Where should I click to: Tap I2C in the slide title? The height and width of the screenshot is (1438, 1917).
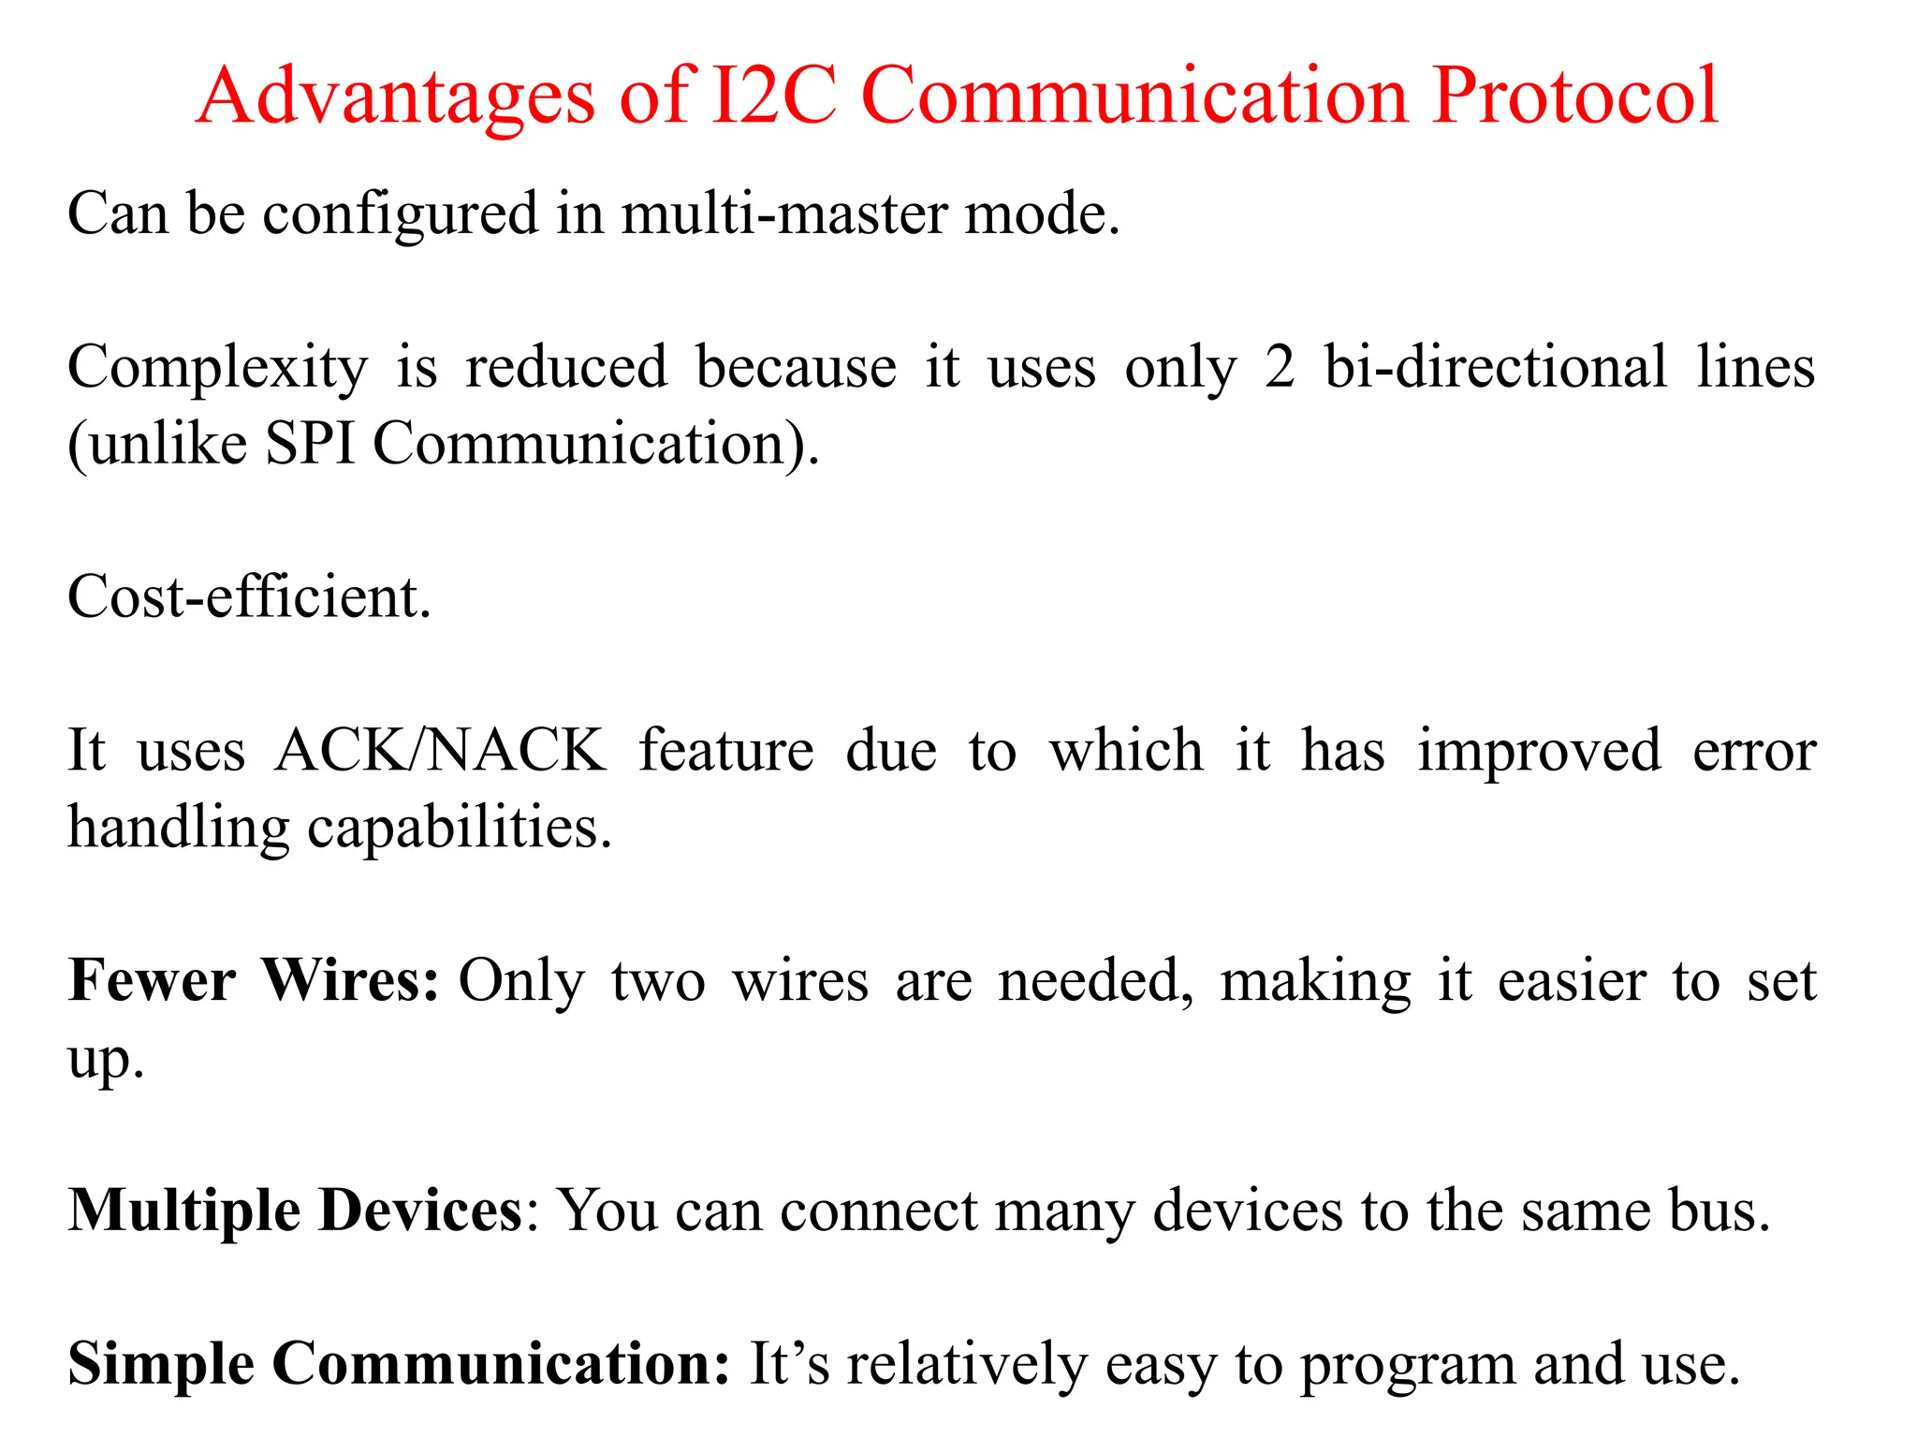pyautogui.click(x=773, y=95)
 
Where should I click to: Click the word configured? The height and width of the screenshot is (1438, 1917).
pyautogui.click(x=401, y=215)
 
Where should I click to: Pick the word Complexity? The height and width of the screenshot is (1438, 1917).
pyautogui.click(x=217, y=369)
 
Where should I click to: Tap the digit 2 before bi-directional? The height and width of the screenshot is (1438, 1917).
pyautogui.click(x=1280, y=367)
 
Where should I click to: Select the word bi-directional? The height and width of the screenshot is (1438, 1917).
pyautogui.click(x=1495, y=367)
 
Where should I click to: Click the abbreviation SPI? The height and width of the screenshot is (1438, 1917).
pyautogui.click(x=310, y=444)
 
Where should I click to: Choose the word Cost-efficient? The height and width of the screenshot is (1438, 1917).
pyautogui.click(x=249, y=597)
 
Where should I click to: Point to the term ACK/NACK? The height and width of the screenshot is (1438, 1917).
pyautogui.click(x=440, y=751)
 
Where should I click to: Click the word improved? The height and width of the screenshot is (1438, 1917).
pyautogui.click(x=1539, y=753)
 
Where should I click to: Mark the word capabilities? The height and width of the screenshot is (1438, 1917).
pyautogui.click(x=459, y=829)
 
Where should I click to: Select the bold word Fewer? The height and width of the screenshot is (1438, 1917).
pyautogui.click(x=152, y=981)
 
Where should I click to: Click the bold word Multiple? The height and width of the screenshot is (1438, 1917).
pyautogui.click(x=184, y=1211)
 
